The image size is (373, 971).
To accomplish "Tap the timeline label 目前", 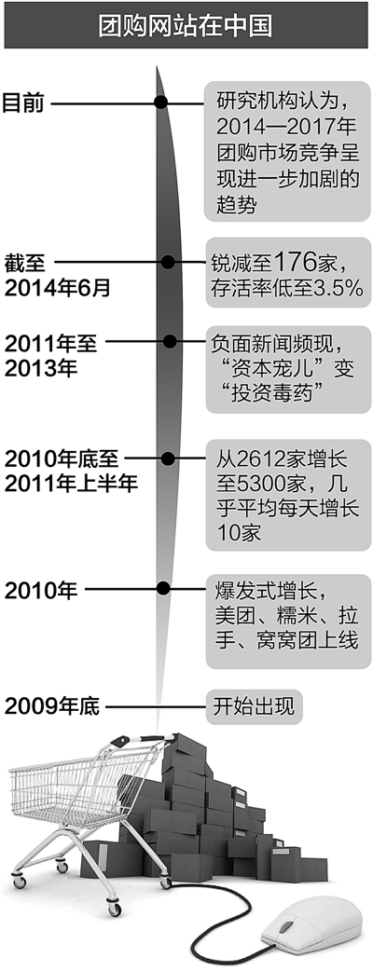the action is point(23,103).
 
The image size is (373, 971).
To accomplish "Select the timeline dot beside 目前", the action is point(161,103).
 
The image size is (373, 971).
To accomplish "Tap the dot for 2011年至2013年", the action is point(170,341).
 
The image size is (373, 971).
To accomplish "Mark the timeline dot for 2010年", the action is point(164,588).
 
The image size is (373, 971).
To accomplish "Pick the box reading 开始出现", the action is point(254,705).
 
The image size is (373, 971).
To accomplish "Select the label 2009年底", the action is point(51,706).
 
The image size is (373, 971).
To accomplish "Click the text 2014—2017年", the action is point(286,129).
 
